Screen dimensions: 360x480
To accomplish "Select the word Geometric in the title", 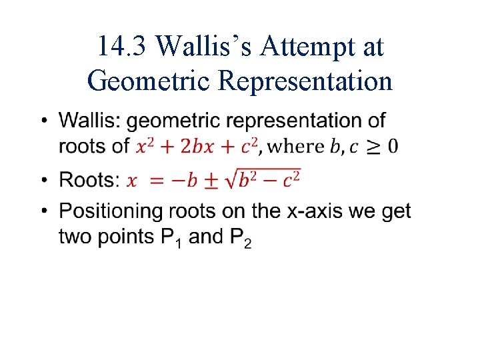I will pos(147,81).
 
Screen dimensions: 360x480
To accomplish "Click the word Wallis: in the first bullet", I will pos(90,121).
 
